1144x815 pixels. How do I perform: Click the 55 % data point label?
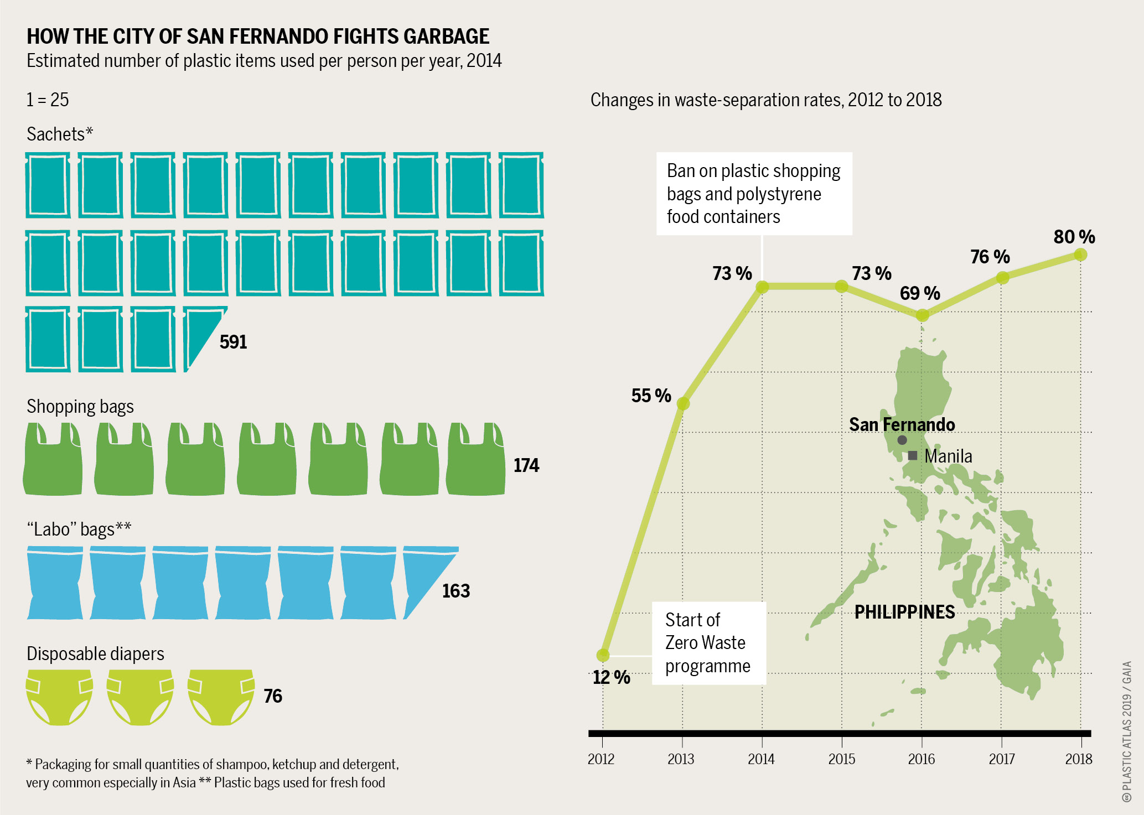click(651, 396)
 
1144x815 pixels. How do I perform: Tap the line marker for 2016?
click(922, 315)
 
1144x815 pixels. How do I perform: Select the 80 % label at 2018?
click(1074, 237)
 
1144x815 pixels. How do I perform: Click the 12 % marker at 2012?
click(603, 655)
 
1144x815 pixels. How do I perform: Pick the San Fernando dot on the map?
click(902, 440)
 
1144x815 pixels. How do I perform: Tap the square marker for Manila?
click(913, 456)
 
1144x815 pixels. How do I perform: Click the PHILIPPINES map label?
click(905, 612)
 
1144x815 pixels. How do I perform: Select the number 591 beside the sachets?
click(233, 342)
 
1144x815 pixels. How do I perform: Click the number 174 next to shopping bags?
click(526, 465)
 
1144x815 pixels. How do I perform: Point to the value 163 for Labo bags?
click(456, 591)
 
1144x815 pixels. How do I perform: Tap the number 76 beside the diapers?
click(273, 696)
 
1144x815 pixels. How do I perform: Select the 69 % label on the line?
click(920, 293)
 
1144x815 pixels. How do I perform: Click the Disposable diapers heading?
click(96, 654)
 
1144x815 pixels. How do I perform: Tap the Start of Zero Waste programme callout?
click(709, 643)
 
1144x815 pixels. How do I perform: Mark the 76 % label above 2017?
click(990, 257)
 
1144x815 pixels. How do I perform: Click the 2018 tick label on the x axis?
click(1079, 759)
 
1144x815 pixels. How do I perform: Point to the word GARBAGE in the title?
click(446, 37)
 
